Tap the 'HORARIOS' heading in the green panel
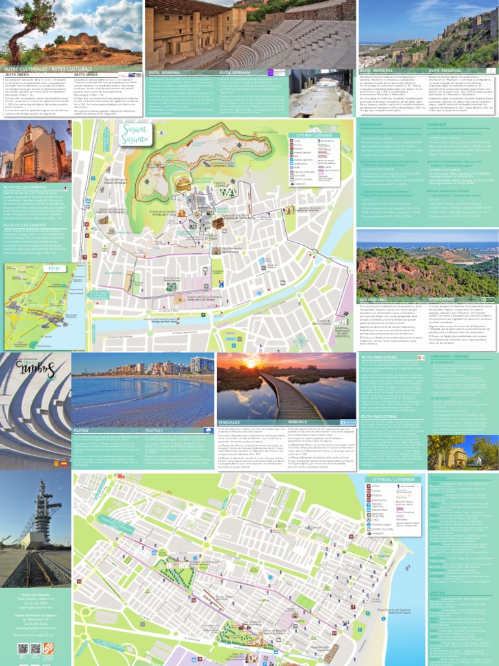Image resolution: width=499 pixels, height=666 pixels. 371,124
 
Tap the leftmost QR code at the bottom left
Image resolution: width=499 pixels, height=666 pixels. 23,648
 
